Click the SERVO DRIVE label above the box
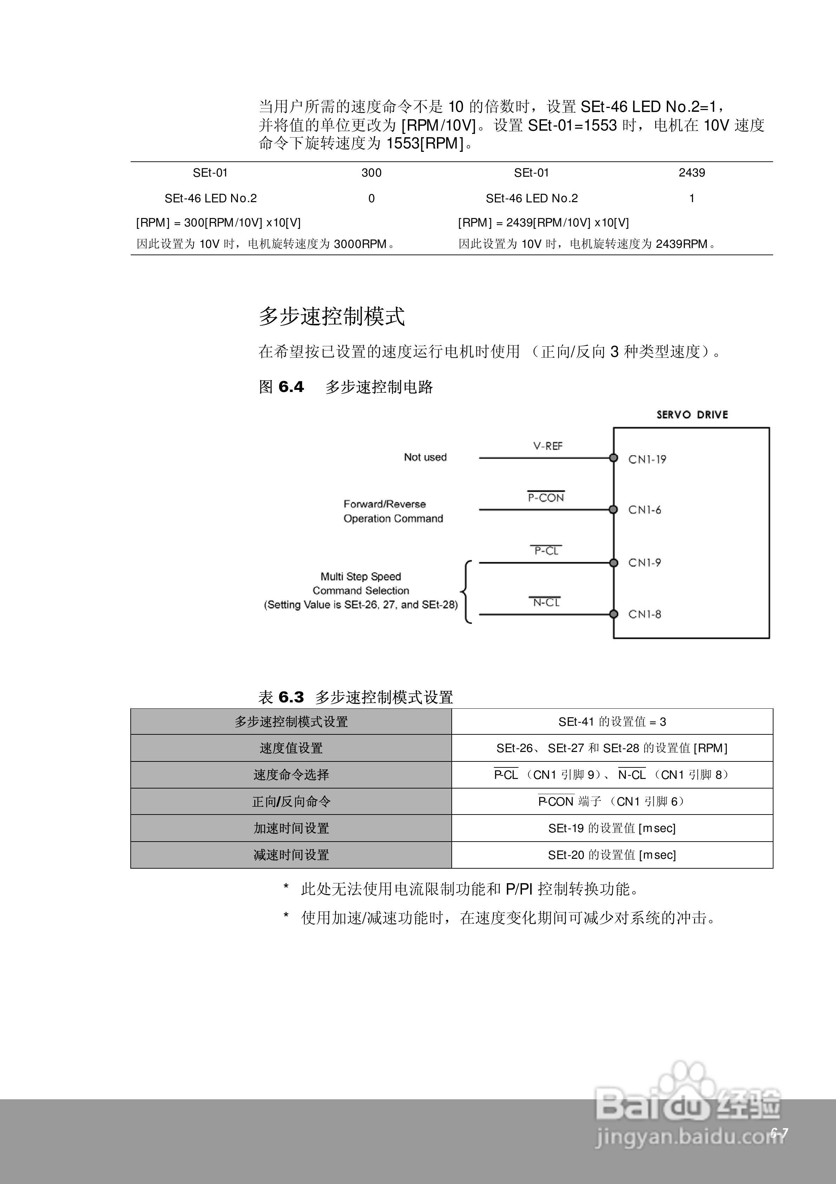click(692, 414)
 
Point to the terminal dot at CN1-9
click(613, 562)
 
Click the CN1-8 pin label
click(644, 614)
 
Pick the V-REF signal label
click(547, 446)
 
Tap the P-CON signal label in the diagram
click(546, 498)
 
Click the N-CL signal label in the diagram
click(546, 602)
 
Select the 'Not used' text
click(425, 457)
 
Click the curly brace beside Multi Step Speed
click(466, 592)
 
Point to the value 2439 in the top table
click(692, 173)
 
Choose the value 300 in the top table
click(371, 173)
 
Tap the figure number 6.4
click(291, 387)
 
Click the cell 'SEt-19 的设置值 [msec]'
click(612, 828)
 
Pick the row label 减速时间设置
click(291, 855)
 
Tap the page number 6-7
click(779, 1132)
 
